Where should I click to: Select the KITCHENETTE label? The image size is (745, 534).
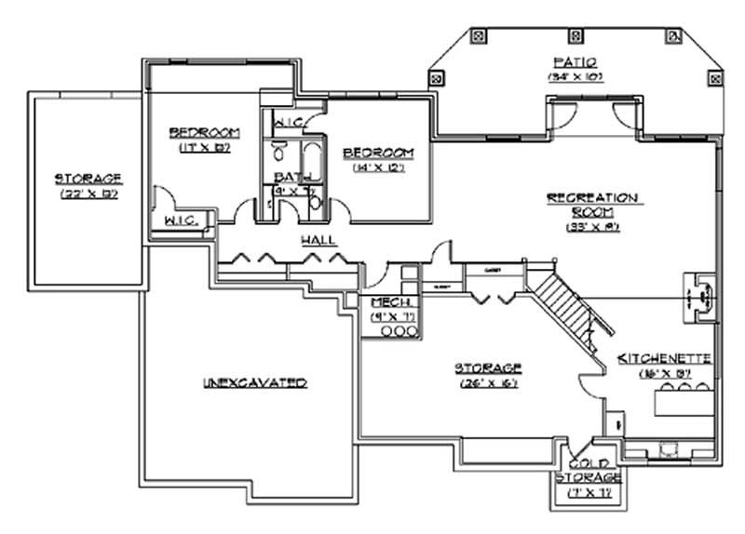click(x=664, y=358)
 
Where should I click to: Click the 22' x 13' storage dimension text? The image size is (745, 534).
click(x=89, y=194)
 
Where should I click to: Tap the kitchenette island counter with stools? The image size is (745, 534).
click(x=685, y=402)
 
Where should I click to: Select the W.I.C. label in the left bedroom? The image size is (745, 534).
click(x=178, y=220)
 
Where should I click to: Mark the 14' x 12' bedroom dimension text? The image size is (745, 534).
click(x=377, y=168)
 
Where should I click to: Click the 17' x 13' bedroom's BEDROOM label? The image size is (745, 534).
click(x=205, y=131)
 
